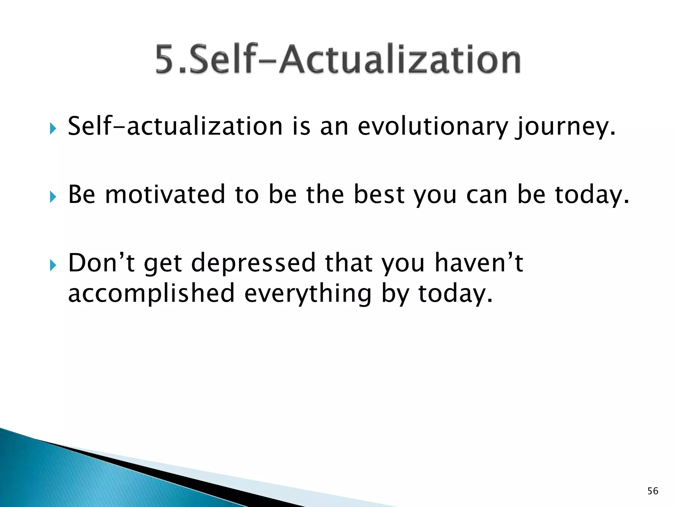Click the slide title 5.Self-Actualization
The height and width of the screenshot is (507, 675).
(338, 59)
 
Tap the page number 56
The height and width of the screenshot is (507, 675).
(653, 491)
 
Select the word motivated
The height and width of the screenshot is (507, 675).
(165, 195)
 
